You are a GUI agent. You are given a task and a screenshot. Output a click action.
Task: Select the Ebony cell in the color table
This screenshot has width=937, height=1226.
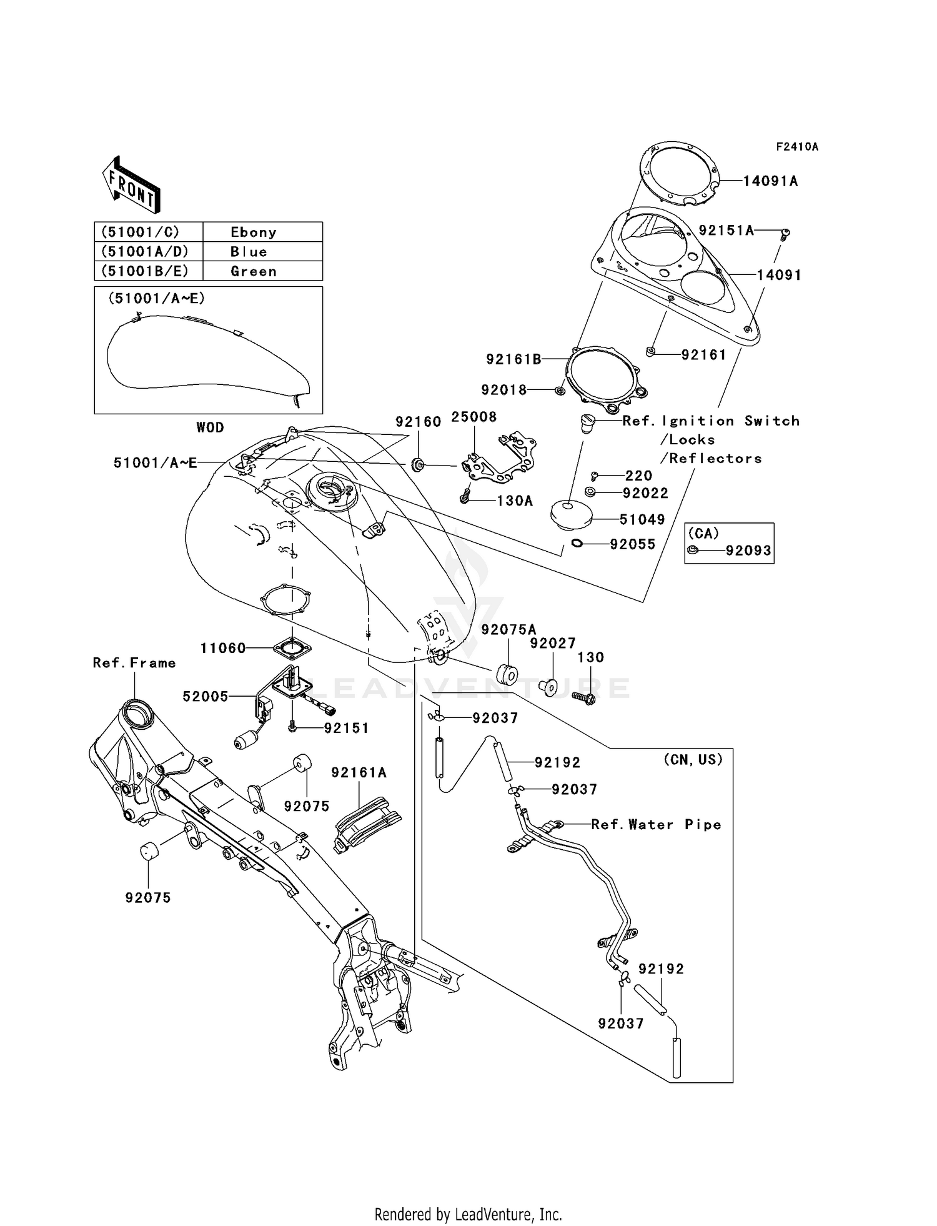point(254,232)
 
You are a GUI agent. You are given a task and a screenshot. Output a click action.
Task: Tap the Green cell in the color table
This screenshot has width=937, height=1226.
point(254,271)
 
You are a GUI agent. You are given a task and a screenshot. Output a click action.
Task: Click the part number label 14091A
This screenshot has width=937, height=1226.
point(770,181)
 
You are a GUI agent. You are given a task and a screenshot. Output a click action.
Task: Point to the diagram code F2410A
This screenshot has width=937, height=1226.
point(797,147)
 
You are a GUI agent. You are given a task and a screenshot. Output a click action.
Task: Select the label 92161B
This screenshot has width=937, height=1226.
point(513,359)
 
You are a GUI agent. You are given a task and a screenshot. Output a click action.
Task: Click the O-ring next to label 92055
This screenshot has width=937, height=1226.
point(577,544)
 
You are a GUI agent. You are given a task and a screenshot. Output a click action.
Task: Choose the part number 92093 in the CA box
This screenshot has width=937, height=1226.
point(748,551)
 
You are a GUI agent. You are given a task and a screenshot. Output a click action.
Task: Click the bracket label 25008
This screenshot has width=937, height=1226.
point(474,417)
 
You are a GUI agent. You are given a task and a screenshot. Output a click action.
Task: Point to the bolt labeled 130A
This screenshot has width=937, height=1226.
point(465,497)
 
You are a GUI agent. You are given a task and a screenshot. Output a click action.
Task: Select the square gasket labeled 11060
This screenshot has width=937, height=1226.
point(292,648)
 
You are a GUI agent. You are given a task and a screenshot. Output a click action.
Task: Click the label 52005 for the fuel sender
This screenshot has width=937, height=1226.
point(206,696)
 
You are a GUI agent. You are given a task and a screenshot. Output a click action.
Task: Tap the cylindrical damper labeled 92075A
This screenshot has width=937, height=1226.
point(507,675)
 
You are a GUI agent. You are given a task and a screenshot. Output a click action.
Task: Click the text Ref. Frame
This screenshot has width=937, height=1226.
point(134,663)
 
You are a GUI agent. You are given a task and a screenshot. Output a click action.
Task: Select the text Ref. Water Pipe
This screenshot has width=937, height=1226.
point(656,825)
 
